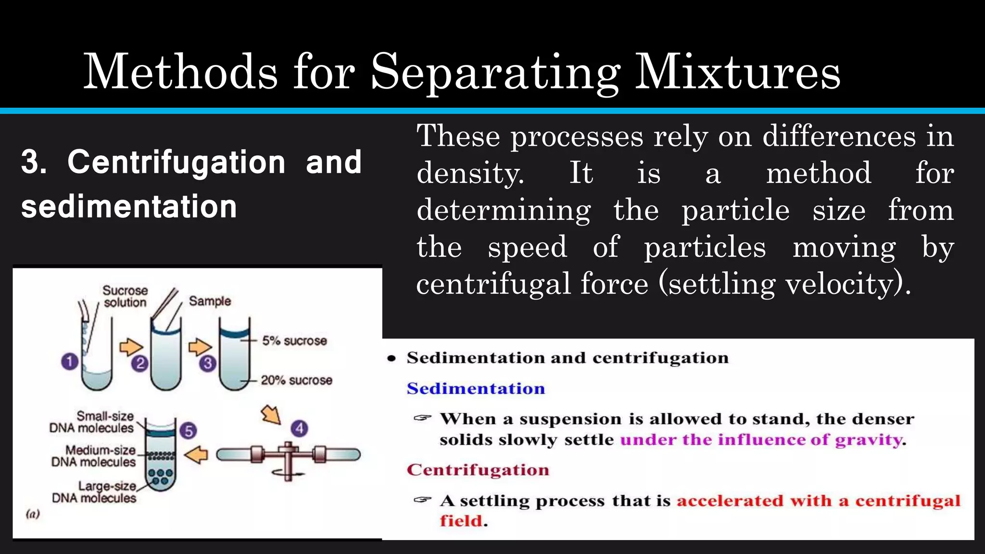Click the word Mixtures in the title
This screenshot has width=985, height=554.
(737, 72)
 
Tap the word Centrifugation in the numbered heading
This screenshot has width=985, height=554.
(177, 162)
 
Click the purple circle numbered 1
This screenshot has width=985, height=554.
(70, 361)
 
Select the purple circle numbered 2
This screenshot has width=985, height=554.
(140, 363)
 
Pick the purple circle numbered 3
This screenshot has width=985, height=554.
(208, 363)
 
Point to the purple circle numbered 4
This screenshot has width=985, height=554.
(300, 428)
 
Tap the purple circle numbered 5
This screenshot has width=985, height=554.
(188, 430)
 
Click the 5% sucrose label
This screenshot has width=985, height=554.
(294, 341)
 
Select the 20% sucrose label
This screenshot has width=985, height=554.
(296, 380)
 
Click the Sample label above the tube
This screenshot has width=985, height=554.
(210, 301)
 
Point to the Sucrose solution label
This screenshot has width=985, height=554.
(125, 296)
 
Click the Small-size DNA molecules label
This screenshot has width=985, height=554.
(92, 422)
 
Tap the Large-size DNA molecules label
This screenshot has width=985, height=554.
(95, 492)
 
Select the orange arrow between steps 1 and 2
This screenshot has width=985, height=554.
(131, 346)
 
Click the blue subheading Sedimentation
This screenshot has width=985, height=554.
(476, 389)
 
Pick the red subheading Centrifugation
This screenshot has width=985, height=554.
(478, 470)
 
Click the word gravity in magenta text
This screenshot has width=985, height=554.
(868, 440)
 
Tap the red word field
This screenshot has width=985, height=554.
(461, 521)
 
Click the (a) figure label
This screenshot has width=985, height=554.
(33, 514)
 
